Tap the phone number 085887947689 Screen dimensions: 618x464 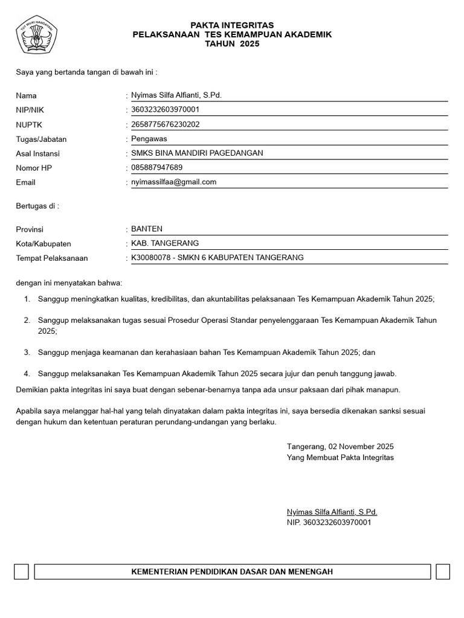pyautogui.click(x=156, y=167)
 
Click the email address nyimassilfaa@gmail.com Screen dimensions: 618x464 pyautogui.click(x=173, y=182)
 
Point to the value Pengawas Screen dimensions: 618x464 pyautogui.click(x=149, y=139)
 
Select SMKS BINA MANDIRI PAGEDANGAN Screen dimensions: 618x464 pyautogui.click(x=197, y=153)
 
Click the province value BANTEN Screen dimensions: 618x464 pyautogui.click(x=147, y=229)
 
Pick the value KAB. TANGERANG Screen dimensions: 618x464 pyautogui.click(x=165, y=243)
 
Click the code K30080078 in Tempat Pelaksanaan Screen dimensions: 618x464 pyautogui.click(x=151, y=258)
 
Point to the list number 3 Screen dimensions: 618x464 pyautogui.click(x=27, y=352)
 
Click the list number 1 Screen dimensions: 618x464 pyautogui.click(x=27, y=299)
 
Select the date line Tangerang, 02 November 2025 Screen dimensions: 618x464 pyautogui.click(x=340, y=447)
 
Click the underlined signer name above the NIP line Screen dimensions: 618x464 pyautogui.click(x=332, y=512)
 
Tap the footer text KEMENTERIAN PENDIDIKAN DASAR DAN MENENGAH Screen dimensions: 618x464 pyautogui.click(x=232, y=572)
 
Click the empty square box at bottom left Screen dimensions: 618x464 pyautogui.click(x=21, y=572)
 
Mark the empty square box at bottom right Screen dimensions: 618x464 pyautogui.click(x=443, y=572)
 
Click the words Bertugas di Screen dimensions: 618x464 pyautogui.click(x=36, y=206)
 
